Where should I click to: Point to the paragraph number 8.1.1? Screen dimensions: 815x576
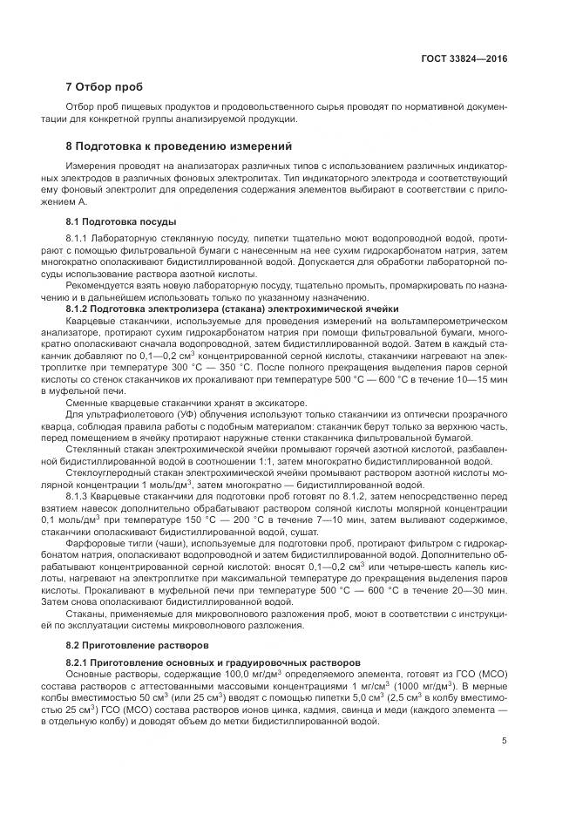(x=78, y=237)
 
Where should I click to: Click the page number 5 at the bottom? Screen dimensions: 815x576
(x=504, y=741)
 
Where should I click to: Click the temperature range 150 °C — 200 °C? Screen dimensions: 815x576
(x=190, y=520)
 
